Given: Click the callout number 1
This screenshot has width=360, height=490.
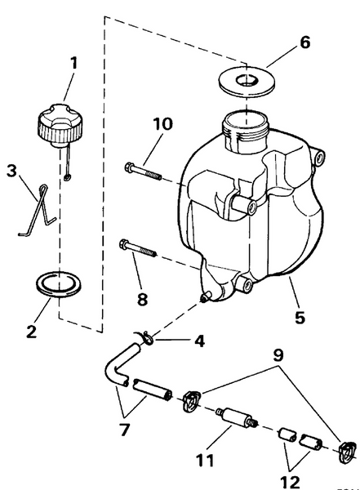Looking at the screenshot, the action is (73, 63).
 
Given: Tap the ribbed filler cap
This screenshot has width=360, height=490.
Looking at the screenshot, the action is (60, 125).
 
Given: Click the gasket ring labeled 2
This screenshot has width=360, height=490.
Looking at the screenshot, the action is (60, 284).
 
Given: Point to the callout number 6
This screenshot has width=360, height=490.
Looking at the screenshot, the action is (304, 42).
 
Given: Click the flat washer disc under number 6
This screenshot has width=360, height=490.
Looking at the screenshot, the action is (247, 81).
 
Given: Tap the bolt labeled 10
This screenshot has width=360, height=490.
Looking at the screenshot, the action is (143, 171).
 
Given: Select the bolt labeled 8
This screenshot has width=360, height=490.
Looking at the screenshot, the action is (137, 247).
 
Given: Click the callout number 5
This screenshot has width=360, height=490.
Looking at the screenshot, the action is (300, 318).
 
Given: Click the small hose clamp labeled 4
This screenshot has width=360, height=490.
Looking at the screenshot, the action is (145, 338).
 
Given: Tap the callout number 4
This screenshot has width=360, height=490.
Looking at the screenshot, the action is (199, 341).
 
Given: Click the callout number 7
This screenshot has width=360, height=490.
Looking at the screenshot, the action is (124, 430).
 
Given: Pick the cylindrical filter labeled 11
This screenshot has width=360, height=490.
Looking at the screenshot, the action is (237, 417).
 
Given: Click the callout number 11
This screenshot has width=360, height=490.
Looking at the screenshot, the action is (206, 461).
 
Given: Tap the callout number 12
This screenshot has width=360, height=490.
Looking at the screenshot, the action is (291, 482).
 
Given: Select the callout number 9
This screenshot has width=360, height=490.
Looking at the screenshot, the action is (278, 355).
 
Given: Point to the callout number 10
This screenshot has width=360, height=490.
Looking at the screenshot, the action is (162, 124).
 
